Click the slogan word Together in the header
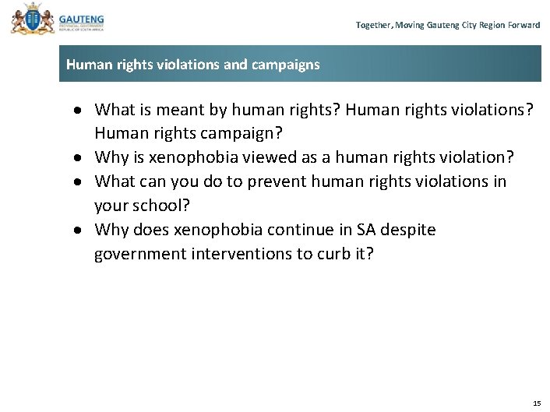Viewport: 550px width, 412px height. pos(373,26)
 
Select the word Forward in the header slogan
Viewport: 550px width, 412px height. pos(524,26)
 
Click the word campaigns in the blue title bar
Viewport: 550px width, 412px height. pos(286,65)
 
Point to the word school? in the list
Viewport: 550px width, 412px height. pos(179,206)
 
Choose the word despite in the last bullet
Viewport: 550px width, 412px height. pos(410,231)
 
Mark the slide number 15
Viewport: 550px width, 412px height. pos(536,403)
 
